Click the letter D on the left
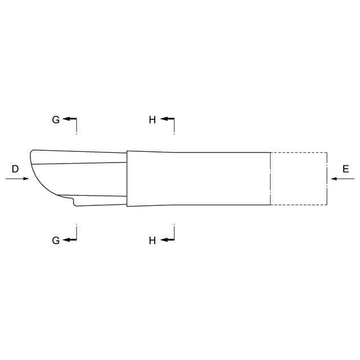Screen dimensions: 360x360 click(x=15, y=169)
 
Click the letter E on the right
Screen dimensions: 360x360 click(x=346, y=169)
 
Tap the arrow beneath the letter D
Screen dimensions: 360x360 click(x=17, y=178)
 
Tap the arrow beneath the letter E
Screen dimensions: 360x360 click(x=343, y=178)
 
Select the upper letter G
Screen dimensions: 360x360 click(x=56, y=120)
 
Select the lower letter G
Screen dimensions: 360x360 click(x=56, y=240)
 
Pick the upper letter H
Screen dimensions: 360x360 click(x=152, y=120)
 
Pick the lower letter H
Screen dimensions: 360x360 click(x=152, y=241)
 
